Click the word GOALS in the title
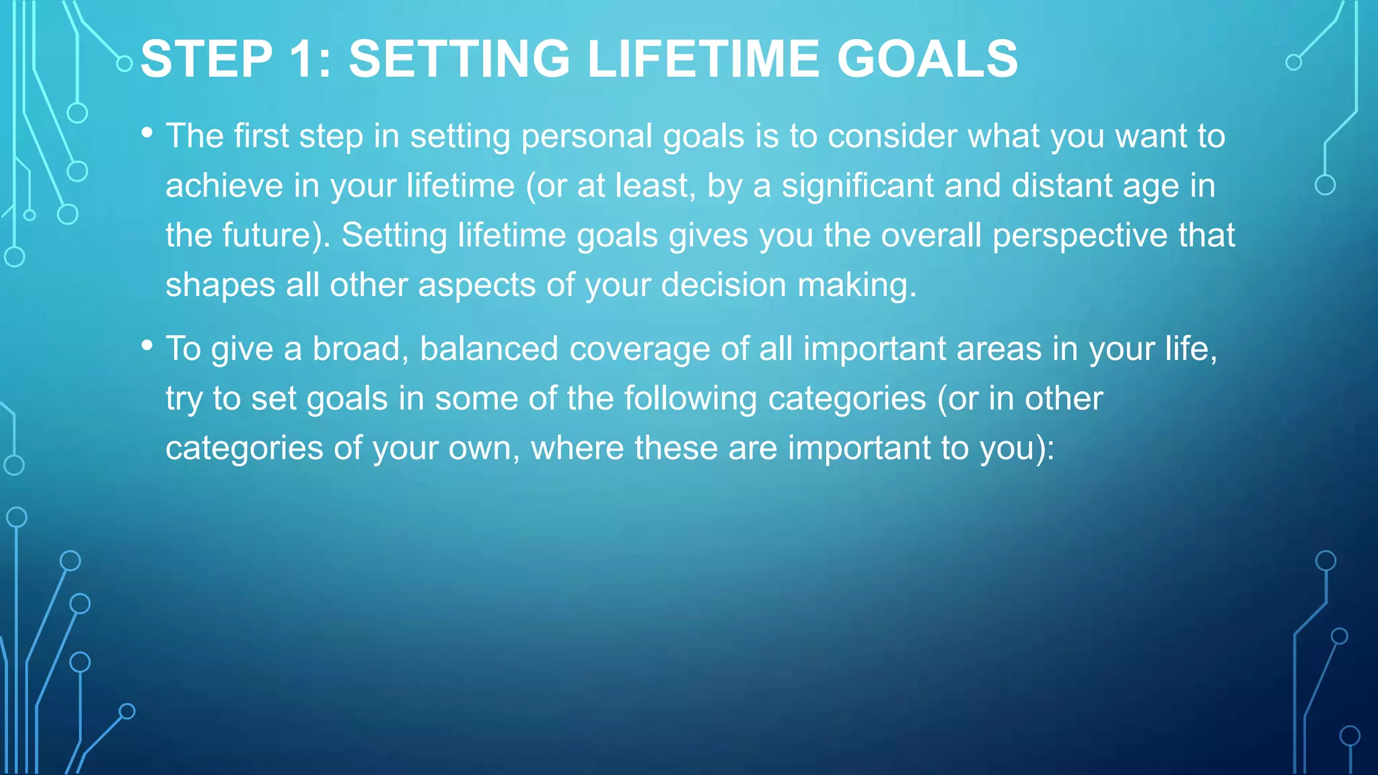coord(927,59)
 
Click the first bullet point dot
coord(147,133)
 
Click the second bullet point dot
coord(147,345)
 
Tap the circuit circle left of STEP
coord(124,64)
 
